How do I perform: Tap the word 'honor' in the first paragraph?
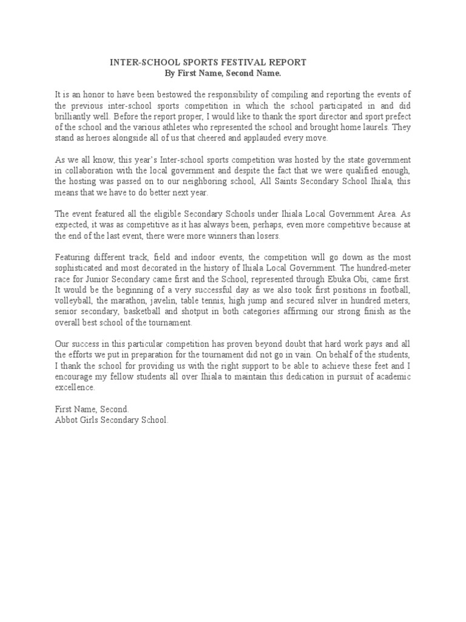(82, 95)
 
